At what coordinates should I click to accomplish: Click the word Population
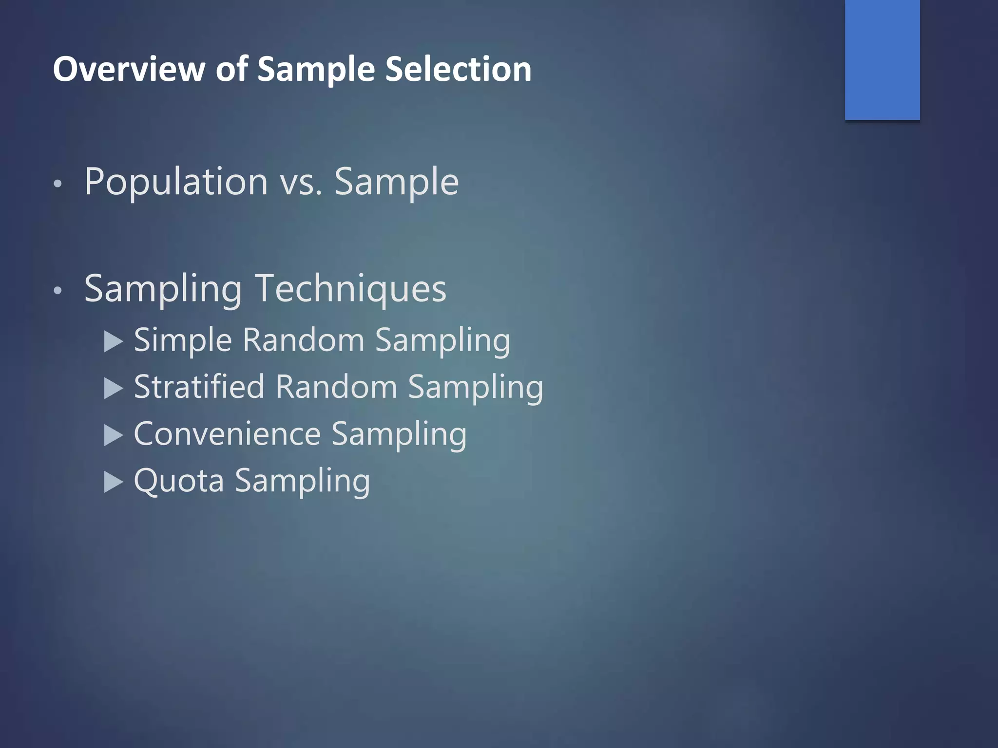click(x=176, y=182)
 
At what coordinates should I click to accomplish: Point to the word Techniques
click(x=350, y=289)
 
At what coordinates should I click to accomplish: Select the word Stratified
click(x=199, y=387)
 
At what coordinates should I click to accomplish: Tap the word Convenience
click(x=227, y=434)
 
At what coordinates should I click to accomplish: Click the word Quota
click(x=179, y=481)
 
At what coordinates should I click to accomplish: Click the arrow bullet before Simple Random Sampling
click(x=114, y=342)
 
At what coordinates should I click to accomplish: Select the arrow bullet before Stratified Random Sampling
click(x=114, y=389)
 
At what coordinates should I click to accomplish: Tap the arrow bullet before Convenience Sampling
click(x=114, y=435)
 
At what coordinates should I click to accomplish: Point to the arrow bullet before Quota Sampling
click(x=114, y=482)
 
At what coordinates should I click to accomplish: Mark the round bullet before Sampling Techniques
click(x=58, y=291)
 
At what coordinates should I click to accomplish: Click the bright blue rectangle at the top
click(x=882, y=59)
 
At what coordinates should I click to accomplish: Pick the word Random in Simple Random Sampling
click(x=303, y=340)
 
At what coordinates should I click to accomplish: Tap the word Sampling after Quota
click(x=302, y=481)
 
